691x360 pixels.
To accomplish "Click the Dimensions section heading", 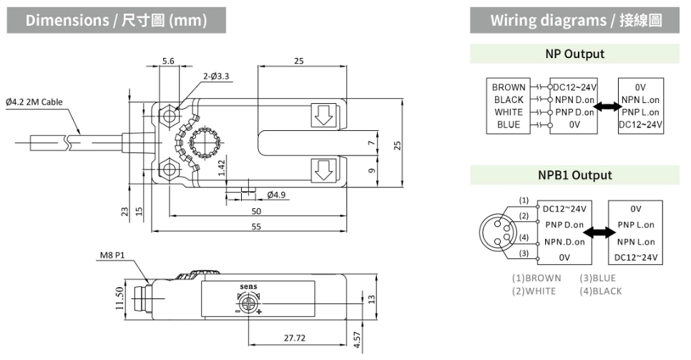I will point(116,20).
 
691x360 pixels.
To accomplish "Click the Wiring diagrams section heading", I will point(575,20).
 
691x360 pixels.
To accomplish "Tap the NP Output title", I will point(574,54).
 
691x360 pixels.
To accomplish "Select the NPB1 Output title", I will point(574,175).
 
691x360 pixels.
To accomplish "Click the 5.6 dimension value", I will point(168,62).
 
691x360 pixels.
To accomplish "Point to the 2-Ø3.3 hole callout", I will point(216,75).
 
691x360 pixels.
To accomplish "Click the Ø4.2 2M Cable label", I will point(34,102).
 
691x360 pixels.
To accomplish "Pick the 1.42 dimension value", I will point(222,167).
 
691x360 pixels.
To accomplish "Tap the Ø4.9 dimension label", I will point(276,195).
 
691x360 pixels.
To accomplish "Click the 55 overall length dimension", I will point(255,226).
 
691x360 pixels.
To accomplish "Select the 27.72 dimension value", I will point(294,336).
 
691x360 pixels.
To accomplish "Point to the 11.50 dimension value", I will point(119,298).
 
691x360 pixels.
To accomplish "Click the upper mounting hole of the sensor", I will point(170,114).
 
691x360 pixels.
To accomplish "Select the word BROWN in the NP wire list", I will point(509,87).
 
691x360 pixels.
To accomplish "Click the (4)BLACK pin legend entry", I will point(601,291).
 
